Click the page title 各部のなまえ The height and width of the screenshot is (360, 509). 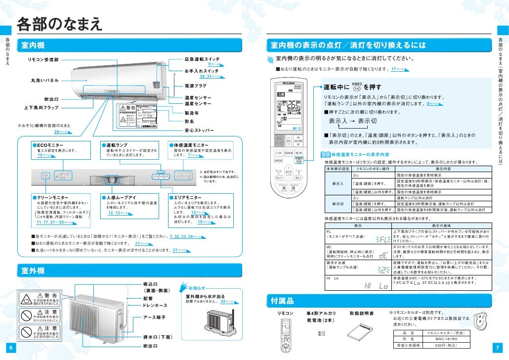(59, 23)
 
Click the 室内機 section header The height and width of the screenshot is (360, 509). (33, 45)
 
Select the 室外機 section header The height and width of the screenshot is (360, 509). (33, 270)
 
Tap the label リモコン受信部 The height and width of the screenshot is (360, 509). (43, 59)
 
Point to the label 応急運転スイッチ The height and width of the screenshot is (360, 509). (202, 59)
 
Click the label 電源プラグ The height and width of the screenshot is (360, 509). (196, 86)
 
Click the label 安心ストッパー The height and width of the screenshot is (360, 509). (199, 131)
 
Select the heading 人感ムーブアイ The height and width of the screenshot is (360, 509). (121, 197)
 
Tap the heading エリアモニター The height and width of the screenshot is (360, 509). (187, 197)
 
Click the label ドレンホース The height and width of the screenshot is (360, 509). (155, 306)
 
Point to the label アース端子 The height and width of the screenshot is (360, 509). (154, 317)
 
